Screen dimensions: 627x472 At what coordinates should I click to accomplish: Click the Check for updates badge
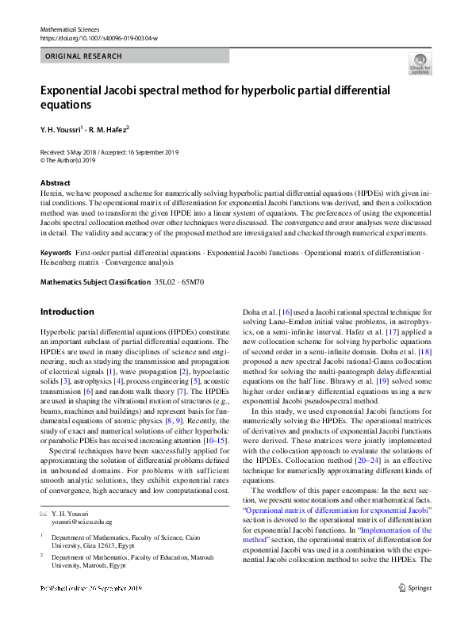[x=420, y=63]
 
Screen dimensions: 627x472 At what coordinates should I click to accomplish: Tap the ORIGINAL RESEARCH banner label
[x=84, y=56]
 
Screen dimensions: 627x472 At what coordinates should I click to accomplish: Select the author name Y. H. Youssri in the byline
[x=63, y=128]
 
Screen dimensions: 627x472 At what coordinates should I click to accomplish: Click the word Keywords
[x=56, y=252]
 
